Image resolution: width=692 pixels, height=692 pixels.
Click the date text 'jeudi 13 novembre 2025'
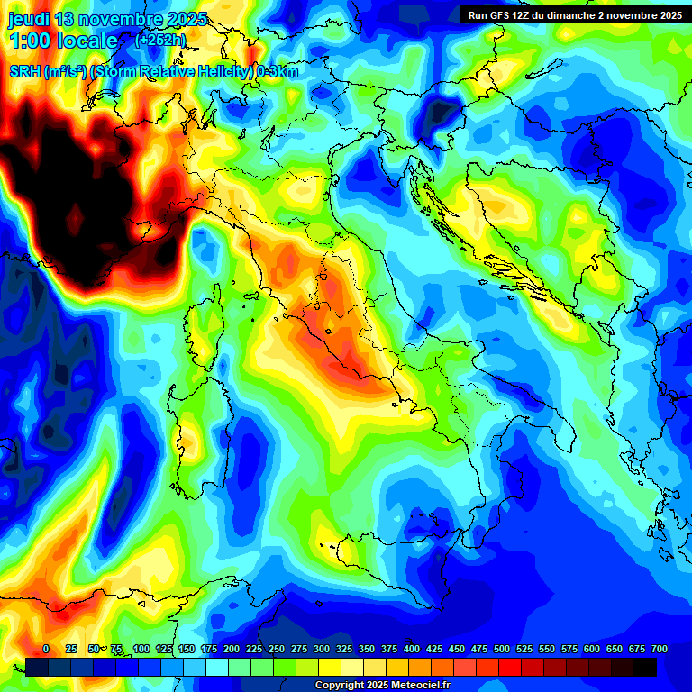pos(107,19)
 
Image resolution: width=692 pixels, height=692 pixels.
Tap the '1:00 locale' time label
pos(63,41)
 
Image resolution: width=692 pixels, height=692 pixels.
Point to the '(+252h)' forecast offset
pos(160,41)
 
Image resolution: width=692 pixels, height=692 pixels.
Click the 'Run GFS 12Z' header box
pos(574,14)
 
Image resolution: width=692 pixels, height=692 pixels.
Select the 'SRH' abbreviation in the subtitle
pos(25,72)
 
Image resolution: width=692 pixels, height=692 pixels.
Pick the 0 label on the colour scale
pos(46,649)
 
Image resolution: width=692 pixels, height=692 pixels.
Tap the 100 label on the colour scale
pos(141,649)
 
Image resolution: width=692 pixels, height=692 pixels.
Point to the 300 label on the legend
pos(322,649)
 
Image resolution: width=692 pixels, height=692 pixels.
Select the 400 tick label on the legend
pos(412,649)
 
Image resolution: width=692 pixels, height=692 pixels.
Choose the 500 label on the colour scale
pos(502,649)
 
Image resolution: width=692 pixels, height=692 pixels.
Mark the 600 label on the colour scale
pos(592,649)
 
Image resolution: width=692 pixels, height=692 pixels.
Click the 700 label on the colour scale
pos(660,649)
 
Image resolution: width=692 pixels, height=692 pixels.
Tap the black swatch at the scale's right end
pos(645,667)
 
